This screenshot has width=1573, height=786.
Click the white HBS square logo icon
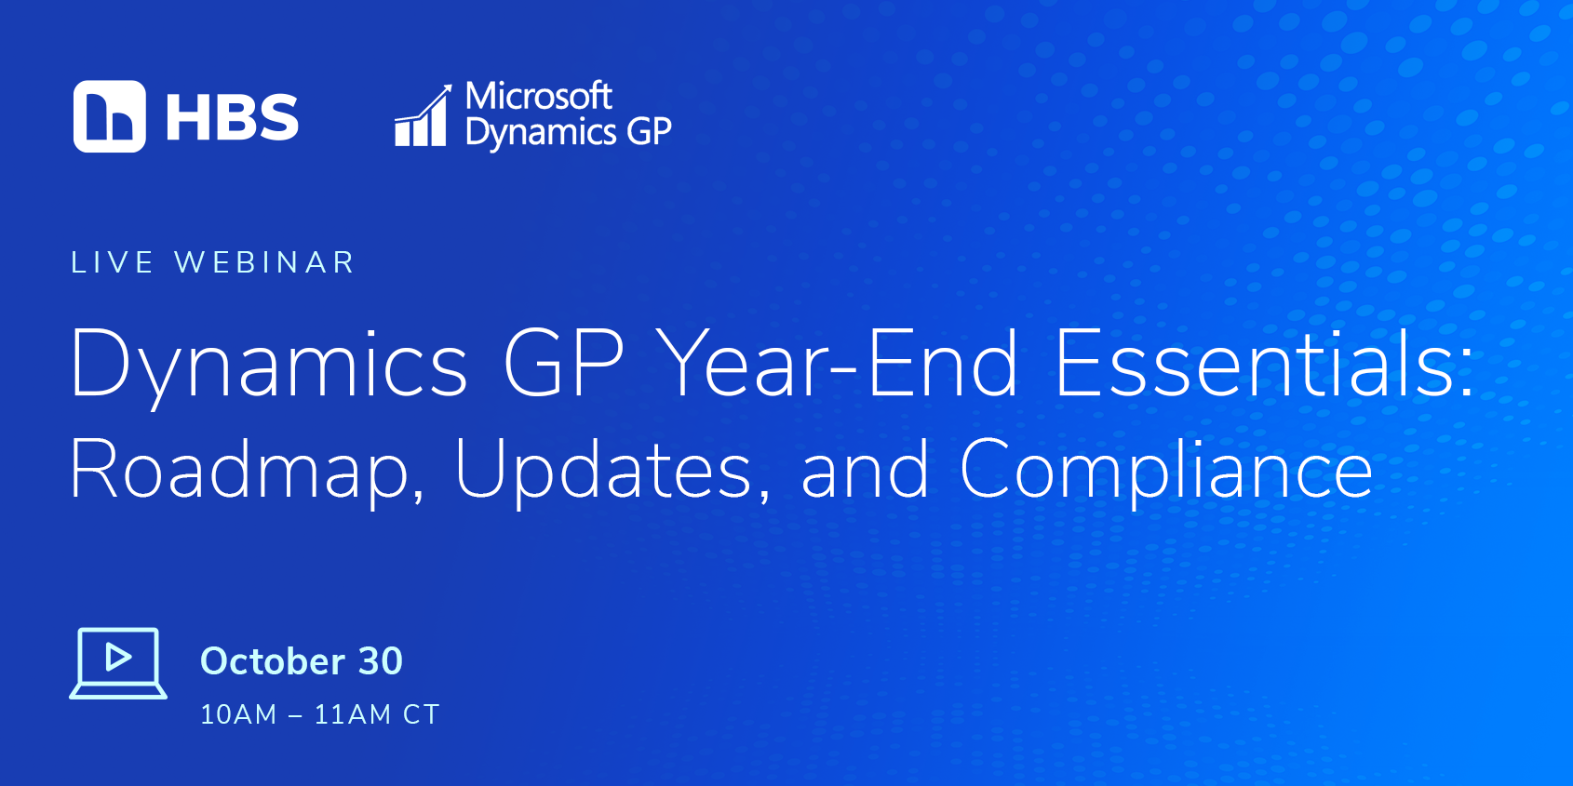click(110, 116)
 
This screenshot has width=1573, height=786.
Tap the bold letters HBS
click(233, 117)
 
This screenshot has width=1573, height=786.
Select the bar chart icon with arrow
click(423, 115)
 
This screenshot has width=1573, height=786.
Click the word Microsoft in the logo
click(539, 96)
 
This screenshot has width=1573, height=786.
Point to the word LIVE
click(113, 262)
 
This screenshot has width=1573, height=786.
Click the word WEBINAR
click(264, 262)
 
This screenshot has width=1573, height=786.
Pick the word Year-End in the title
click(840, 364)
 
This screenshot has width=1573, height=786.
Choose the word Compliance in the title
click(1165, 469)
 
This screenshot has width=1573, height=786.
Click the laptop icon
click(118, 663)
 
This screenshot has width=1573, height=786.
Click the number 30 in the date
click(381, 661)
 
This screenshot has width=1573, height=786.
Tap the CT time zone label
click(422, 715)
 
